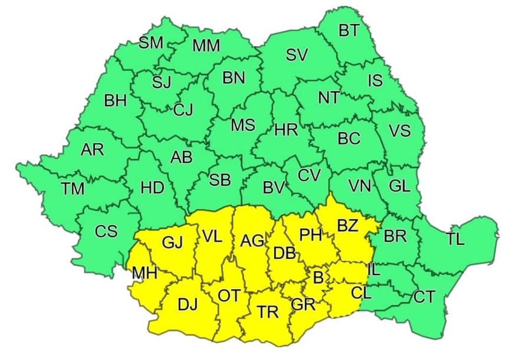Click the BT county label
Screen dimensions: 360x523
pos(349,31)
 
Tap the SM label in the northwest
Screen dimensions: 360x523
pos(151,43)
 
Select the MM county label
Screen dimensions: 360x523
pos(206,46)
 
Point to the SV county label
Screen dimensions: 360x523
pos(297,54)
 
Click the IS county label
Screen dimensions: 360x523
pos(375,81)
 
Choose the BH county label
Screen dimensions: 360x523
pos(115,101)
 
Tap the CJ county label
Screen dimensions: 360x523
pos(183,110)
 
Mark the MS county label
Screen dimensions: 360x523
pos(243,125)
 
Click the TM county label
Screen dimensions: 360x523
pos(73,188)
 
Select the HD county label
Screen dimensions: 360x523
pos(153,188)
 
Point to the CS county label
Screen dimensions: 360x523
pos(106,231)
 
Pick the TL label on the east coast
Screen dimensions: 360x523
pos(455,240)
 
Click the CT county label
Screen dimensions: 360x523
pos(424,297)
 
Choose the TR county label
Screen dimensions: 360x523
pos(268,312)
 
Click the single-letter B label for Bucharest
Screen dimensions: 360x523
pos(318,277)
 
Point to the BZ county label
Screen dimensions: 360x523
pos(347,226)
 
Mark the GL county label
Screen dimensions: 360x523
pos(400,186)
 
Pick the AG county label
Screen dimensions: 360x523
pos(252,241)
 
